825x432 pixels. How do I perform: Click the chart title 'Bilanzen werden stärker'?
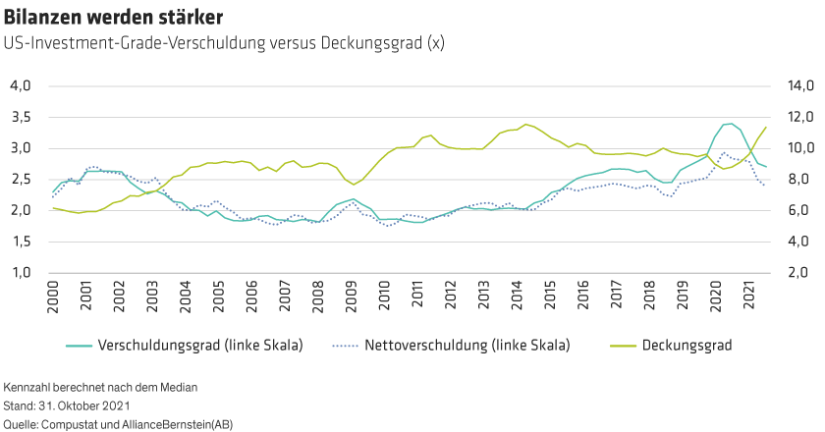112,18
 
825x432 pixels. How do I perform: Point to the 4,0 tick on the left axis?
21,86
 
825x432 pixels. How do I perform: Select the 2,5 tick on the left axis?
21,180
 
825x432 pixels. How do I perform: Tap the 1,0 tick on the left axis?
21,272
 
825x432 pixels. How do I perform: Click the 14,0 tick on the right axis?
794,86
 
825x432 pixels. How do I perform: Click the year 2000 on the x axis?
54,298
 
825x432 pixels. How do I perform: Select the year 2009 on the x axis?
352,298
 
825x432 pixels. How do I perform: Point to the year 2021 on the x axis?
748,298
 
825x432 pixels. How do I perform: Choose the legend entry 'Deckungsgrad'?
687,346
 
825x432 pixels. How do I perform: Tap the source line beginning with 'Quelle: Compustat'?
119,423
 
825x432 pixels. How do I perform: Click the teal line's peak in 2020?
728,124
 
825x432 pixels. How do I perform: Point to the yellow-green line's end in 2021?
766,127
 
